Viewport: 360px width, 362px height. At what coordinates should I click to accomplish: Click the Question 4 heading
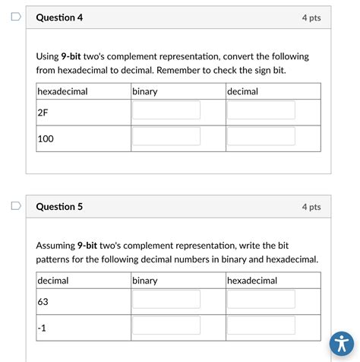[60, 17]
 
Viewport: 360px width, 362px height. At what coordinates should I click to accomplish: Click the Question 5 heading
[60, 206]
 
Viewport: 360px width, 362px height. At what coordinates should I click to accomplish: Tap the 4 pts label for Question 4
[311, 17]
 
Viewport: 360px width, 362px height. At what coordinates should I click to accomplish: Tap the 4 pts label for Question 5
[311, 206]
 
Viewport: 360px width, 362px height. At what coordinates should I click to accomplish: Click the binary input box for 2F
[166, 110]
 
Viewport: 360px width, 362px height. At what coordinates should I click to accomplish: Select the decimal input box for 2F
[261, 110]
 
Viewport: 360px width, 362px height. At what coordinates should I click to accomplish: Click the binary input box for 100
[166, 137]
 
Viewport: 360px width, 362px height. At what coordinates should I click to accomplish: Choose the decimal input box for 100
[261, 137]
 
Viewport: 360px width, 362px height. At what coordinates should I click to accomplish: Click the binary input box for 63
[166, 300]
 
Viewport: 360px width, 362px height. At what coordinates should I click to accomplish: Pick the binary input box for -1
[166, 326]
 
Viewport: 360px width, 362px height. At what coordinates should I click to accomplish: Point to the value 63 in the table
[43, 302]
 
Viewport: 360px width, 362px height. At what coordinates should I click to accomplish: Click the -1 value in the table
[42, 329]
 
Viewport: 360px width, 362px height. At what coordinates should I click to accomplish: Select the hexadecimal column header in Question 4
[63, 91]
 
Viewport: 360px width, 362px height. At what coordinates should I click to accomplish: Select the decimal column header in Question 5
[53, 281]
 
